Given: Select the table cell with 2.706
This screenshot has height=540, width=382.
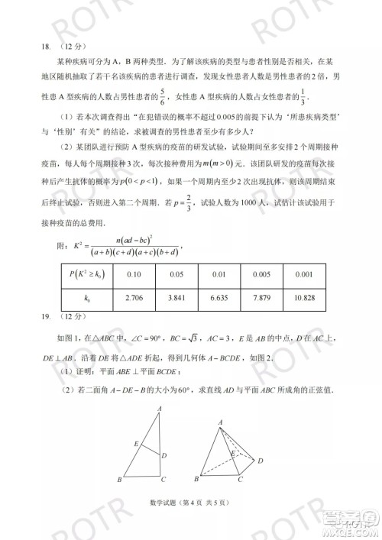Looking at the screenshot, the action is tap(134, 298).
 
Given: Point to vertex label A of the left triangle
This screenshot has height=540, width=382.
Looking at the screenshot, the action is tap(159, 409).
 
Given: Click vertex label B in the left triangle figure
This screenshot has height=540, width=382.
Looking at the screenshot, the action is tap(121, 480).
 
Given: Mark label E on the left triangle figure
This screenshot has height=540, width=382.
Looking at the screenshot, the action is tap(137, 443).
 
